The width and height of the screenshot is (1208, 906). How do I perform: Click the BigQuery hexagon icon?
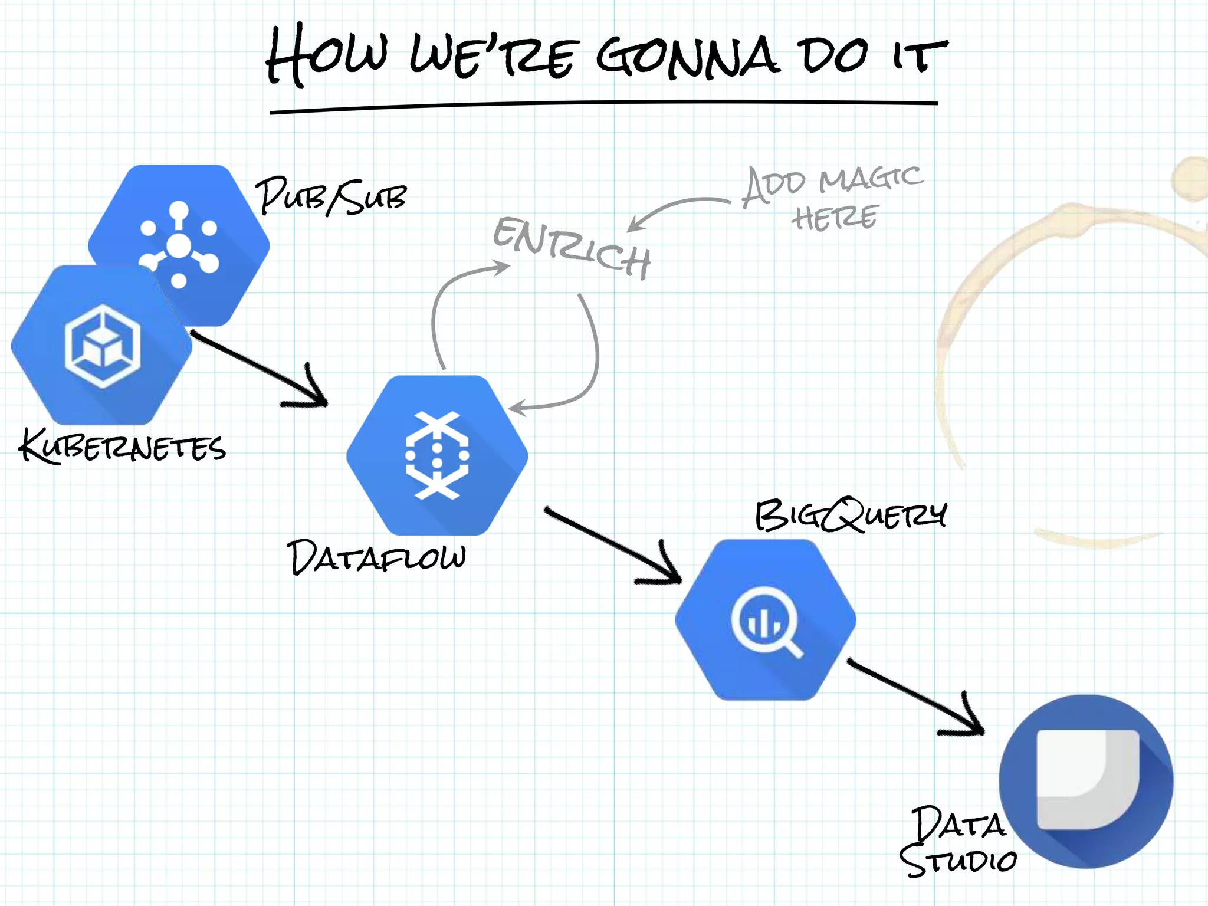(765, 619)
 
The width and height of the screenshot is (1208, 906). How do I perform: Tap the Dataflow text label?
(376, 557)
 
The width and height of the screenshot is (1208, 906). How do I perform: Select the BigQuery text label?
(851, 516)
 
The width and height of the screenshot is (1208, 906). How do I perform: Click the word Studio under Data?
(958, 861)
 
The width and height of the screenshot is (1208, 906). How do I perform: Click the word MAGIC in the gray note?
(871, 179)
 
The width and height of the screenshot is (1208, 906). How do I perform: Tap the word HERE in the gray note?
(835, 218)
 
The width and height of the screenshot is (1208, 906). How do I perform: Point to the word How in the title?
(327, 54)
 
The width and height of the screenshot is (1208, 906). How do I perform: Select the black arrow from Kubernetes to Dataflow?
(260, 369)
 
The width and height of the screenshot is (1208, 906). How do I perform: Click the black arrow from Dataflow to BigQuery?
(613, 546)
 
